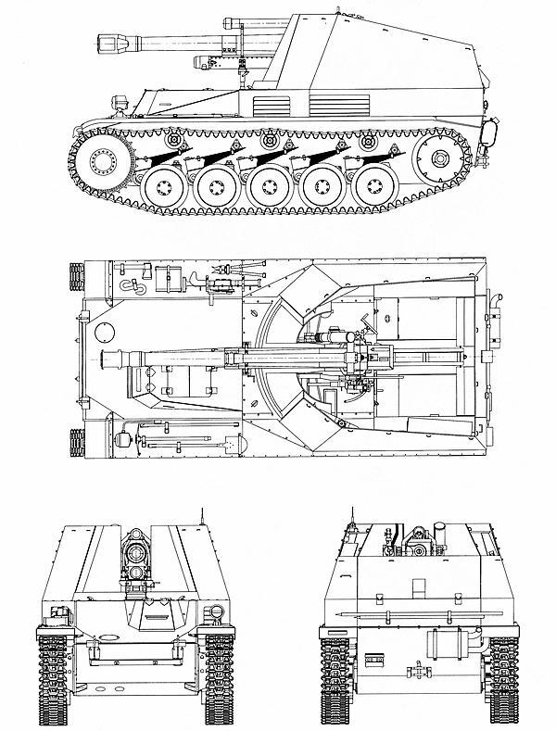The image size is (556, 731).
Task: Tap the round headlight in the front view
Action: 215,611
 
